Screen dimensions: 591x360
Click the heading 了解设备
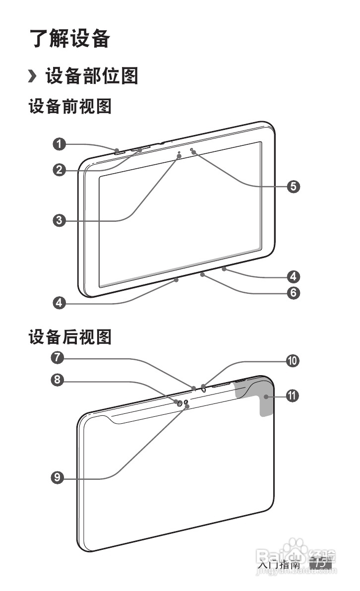[69, 39]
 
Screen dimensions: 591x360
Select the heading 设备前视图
[70, 106]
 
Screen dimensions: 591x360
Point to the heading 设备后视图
[70, 338]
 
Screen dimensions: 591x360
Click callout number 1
[60, 144]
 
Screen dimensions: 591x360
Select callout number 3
[60, 220]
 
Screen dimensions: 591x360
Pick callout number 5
[294, 186]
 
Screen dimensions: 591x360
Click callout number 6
[294, 293]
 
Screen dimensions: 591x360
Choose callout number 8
[60, 380]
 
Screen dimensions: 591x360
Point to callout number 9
[60, 477]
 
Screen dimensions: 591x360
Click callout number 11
[294, 395]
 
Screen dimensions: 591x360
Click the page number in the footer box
[320, 564]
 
